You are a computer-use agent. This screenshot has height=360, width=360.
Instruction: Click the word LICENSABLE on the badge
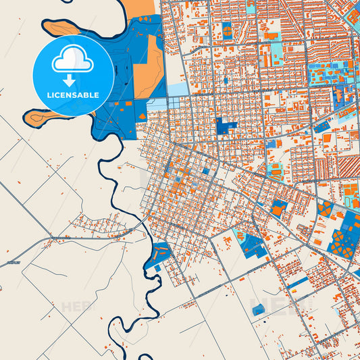click(x=73, y=95)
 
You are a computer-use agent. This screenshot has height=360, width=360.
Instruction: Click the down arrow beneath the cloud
click(x=73, y=80)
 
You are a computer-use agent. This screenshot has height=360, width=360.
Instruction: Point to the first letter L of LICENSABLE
click(x=49, y=95)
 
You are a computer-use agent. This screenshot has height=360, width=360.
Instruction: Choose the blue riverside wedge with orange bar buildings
click(x=159, y=253)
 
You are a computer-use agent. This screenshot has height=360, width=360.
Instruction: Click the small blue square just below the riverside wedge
click(x=158, y=268)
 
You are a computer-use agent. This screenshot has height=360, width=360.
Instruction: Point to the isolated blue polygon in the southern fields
click(x=259, y=310)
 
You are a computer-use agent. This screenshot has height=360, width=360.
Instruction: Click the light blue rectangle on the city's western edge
click(x=177, y=89)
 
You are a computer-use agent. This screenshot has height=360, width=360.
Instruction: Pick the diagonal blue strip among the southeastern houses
click(x=297, y=282)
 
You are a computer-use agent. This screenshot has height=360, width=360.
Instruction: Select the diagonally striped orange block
click(x=348, y=165)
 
